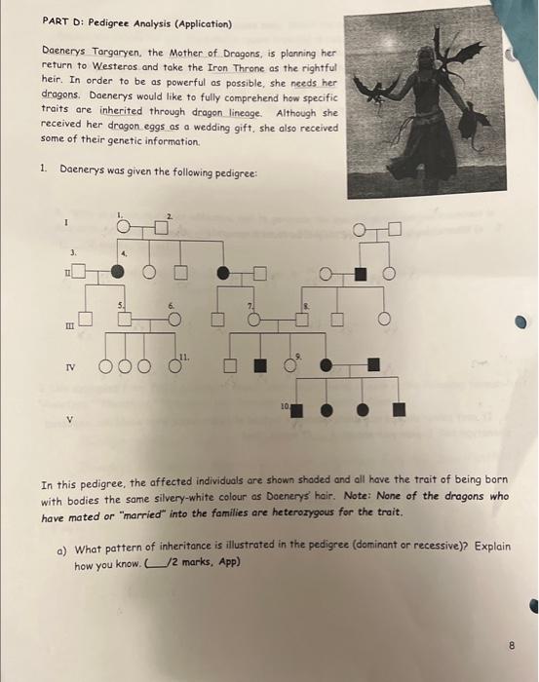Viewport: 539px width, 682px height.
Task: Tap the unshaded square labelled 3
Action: point(78,271)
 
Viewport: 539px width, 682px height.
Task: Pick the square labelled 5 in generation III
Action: point(126,318)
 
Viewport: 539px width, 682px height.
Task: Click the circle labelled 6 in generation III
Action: point(174,318)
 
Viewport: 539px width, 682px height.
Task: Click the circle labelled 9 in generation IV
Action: point(290,365)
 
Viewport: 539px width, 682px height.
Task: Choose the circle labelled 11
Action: point(173,365)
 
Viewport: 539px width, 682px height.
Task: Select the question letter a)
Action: point(63,547)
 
